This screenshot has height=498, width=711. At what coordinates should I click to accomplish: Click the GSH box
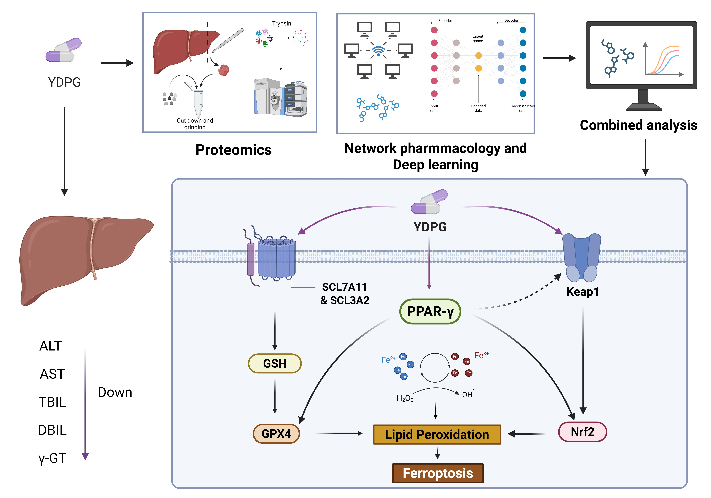pyautogui.click(x=275, y=363)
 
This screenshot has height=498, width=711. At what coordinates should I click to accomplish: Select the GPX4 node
pyautogui.click(x=276, y=433)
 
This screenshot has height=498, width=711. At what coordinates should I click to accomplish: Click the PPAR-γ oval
pyautogui.click(x=430, y=311)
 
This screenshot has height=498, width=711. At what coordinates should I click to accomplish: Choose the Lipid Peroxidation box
pyautogui.click(x=437, y=434)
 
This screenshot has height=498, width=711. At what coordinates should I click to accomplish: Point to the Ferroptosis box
pyautogui.click(x=438, y=473)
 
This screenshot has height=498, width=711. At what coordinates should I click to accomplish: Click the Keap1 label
pyautogui.click(x=583, y=292)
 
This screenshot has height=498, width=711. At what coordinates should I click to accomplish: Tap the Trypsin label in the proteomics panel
pyautogui.click(x=281, y=24)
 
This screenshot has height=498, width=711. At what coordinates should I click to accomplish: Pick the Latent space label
pyautogui.click(x=478, y=38)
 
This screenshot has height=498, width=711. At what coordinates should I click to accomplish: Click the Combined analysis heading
pyautogui.click(x=639, y=125)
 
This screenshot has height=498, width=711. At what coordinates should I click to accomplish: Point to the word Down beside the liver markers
pyautogui.click(x=115, y=392)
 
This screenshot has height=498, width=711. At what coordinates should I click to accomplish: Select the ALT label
pyautogui.click(x=51, y=346)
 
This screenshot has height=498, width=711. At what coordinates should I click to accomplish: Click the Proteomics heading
pyautogui.click(x=233, y=150)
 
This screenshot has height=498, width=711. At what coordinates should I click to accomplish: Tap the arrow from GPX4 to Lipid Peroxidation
pyautogui.click(x=339, y=433)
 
